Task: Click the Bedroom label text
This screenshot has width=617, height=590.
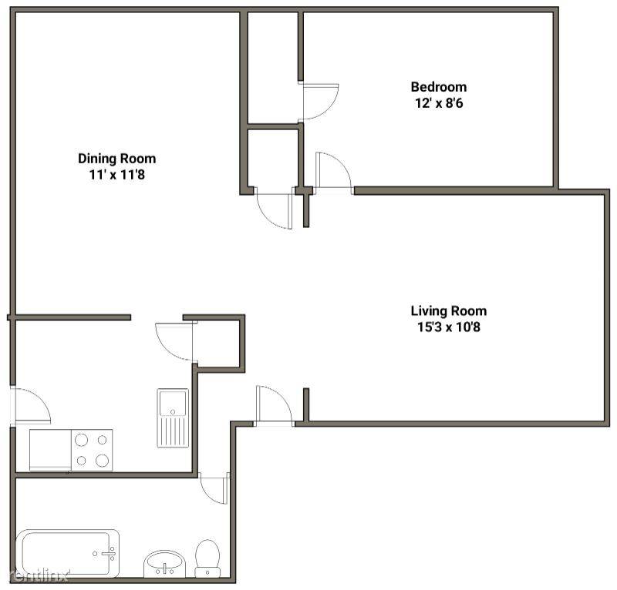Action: [x=439, y=86]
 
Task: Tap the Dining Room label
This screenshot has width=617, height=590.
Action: [x=117, y=159]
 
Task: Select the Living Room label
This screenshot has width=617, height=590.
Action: [x=449, y=311]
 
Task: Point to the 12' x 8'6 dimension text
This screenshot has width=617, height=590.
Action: [x=439, y=103]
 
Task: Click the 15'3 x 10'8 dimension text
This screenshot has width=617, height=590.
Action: [x=449, y=327]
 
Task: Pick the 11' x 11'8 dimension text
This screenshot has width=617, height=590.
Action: [x=117, y=175]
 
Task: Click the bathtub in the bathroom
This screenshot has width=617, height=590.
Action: [x=67, y=554]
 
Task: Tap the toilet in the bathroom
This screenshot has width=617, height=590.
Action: [x=207, y=558]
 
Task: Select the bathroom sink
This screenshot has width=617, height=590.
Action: [x=164, y=564]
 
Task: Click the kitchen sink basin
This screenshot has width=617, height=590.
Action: [x=172, y=404]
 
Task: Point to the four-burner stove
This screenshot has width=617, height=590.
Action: [x=92, y=450]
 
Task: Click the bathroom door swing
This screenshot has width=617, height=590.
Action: [x=214, y=488]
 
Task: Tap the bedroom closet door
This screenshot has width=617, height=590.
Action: [x=320, y=102]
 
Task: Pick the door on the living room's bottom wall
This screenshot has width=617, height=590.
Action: [x=275, y=405]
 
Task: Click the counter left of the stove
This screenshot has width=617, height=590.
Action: [x=50, y=450]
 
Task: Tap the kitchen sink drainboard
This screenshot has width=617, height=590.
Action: [x=173, y=431]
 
